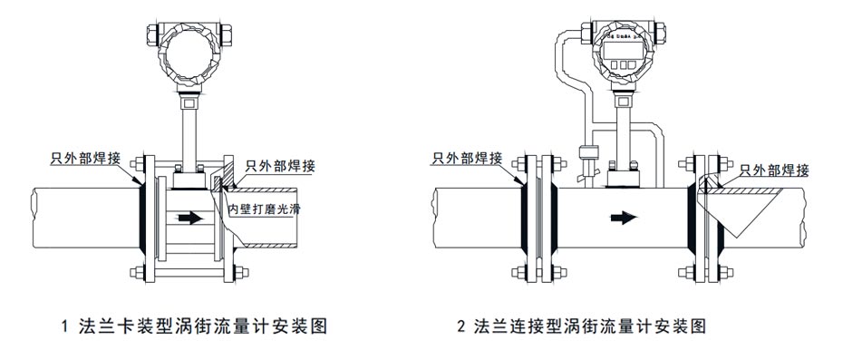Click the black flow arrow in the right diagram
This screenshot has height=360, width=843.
coord(624,218)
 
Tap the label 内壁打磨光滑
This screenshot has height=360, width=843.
coord(265,209)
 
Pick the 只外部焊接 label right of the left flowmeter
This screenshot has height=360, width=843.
coord(278,165)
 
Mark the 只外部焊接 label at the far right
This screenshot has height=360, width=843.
coord(774,170)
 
